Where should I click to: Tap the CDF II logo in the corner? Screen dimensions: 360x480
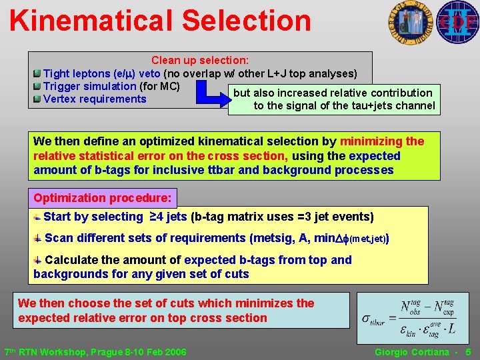[x=458, y=22]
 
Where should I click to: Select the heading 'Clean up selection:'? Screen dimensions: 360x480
[x=200, y=60]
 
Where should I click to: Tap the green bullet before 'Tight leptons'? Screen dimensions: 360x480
[x=37, y=73]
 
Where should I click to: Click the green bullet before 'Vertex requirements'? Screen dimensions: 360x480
[x=37, y=99]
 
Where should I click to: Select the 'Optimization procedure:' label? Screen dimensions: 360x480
[x=103, y=198]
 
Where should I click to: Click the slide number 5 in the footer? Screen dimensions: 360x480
[x=468, y=351]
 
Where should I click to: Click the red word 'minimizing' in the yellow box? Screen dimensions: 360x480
[x=372, y=141]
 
